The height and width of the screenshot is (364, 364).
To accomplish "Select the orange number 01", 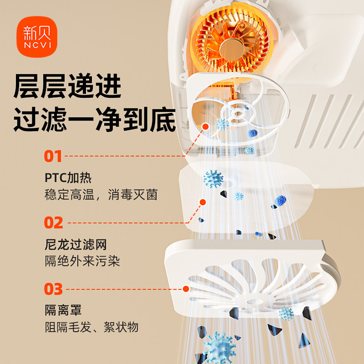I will click(x=53, y=156).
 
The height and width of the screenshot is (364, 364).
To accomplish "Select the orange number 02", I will click(x=54, y=223).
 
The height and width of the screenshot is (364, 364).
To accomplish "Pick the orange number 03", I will click(x=53, y=289).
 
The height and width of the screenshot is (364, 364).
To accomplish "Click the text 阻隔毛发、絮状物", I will click(x=91, y=327).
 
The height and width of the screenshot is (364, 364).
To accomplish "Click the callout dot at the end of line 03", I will click(x=186, y=288).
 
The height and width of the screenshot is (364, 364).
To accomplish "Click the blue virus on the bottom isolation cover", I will click(x=286, y=313).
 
